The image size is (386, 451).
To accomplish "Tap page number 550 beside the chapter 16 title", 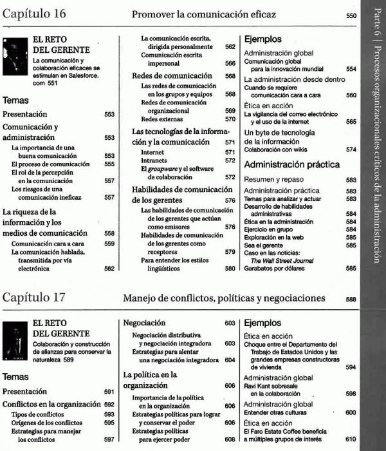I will pyautogui.click(x=351, y=15).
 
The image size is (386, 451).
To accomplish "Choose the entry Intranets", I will pyautogui.click(x=154, y=160).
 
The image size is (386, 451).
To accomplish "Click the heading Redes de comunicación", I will pyautogui.click(x=172, y=75).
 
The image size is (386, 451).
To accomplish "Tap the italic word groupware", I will pyautogui.click(x=163, y=169).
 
